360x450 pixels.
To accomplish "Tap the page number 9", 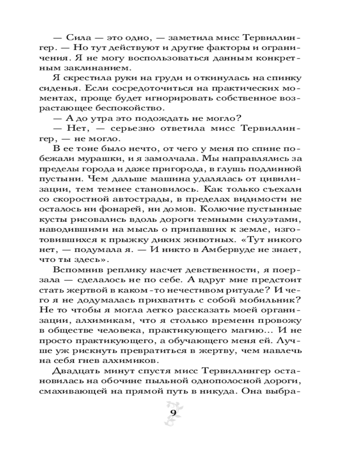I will (173, 414).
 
